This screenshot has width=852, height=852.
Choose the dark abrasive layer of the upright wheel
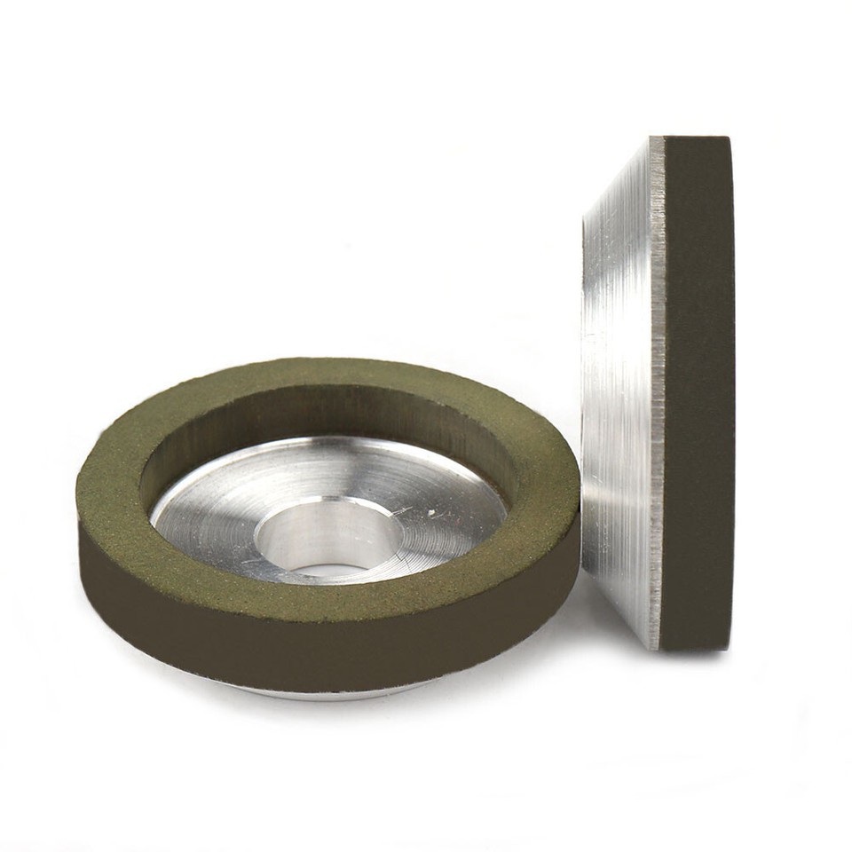tap(697, 390)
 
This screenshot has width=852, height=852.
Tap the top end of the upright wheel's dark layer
tap(697, 142)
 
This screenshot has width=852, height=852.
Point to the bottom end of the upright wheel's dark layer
tap(697, 643)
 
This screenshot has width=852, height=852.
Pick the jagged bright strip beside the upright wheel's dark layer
tap(657, 390)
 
